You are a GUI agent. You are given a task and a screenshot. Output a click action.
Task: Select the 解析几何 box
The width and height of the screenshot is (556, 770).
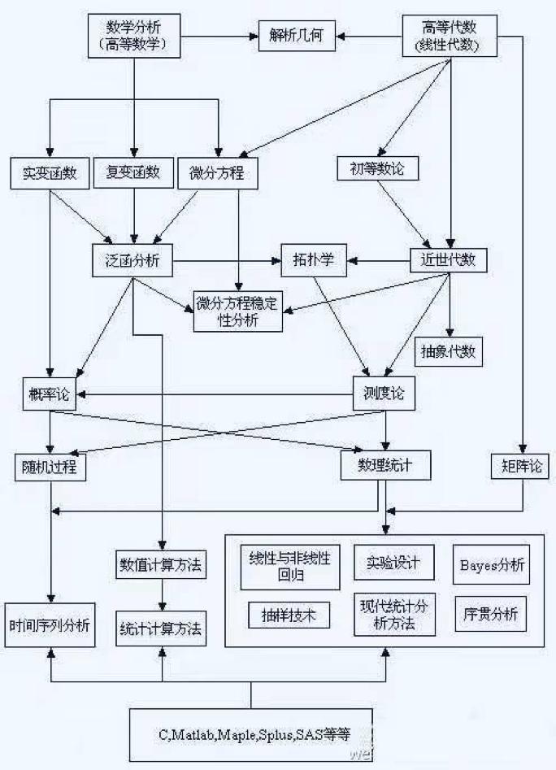[x=297, y=37]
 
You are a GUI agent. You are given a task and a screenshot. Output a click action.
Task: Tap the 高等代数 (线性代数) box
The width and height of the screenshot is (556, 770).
[x=450, y=37]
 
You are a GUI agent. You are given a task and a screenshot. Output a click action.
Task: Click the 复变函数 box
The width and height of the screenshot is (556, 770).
[x=133, y=172]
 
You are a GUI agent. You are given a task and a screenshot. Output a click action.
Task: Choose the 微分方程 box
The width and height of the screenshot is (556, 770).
[x=217, y=172]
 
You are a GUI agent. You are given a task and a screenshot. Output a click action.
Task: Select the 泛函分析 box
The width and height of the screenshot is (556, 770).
[x=132, y=261]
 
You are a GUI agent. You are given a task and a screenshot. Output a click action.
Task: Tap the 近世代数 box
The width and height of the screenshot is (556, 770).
[x=449, y=261]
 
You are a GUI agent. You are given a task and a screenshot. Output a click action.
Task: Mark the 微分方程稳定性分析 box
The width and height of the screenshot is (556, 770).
[x=237, y=311]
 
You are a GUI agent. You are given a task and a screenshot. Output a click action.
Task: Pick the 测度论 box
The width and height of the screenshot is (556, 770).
[x=383, y=394]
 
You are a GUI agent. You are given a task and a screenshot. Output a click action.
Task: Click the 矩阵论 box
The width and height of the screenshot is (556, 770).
[x=520, y=465]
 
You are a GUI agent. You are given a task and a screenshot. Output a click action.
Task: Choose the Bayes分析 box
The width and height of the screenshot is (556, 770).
[x=490, y=564]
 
